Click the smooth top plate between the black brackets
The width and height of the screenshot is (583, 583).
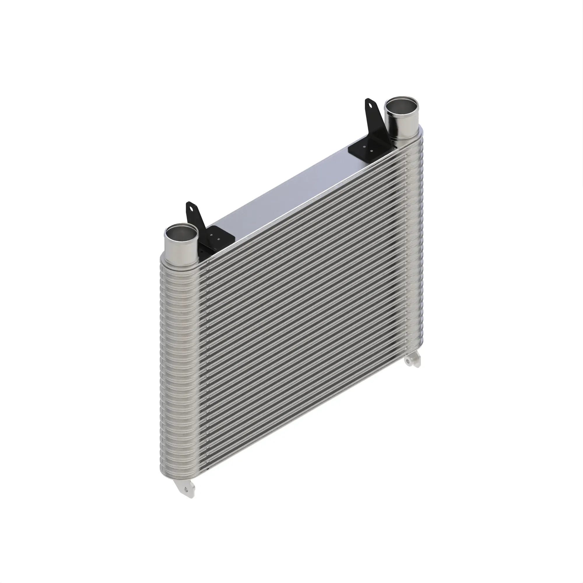290,193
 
